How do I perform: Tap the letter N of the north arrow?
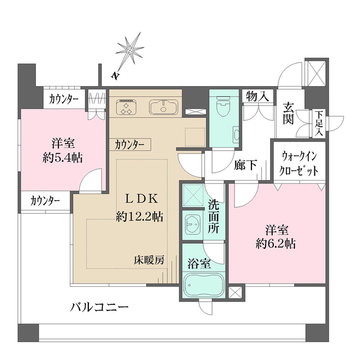(114, 74)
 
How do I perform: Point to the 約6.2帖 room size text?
(277, 244)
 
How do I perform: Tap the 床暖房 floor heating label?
(149, 260)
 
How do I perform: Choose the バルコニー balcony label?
(100, 307)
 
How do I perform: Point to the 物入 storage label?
(256, 97)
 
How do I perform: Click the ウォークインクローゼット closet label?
(298, 164)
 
